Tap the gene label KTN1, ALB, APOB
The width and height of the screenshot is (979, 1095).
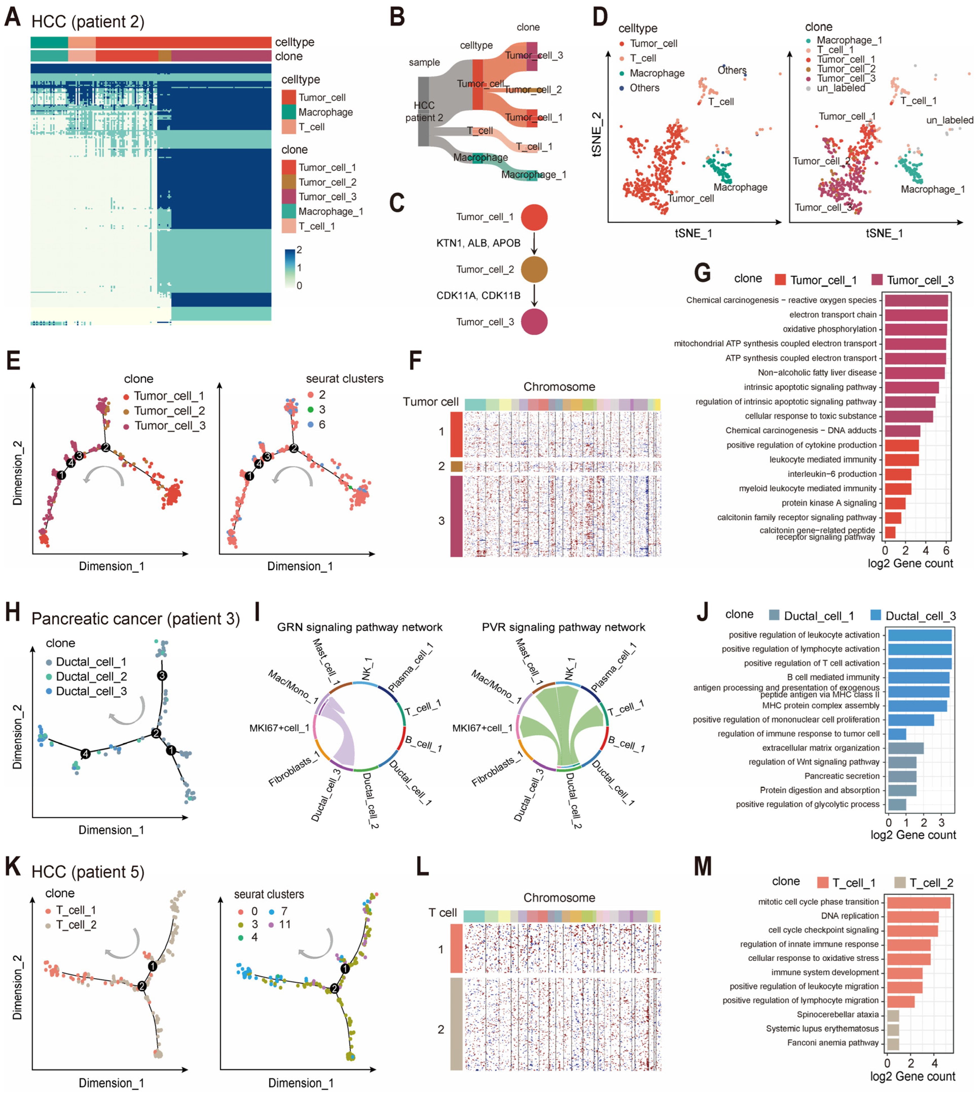click(x=478, y=243)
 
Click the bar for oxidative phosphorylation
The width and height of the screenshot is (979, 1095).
click(x=916, y=329)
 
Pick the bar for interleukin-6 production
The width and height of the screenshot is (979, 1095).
click(x=898, y=474)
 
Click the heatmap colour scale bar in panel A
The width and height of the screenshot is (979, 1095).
click(x=290, y=268)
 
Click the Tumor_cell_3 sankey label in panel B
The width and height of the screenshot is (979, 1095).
click(x=534, y=55)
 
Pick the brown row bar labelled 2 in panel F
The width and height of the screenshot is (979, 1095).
click(x=456, y=466)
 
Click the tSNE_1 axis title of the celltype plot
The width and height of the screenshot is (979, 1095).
click(x=693, y=233)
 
